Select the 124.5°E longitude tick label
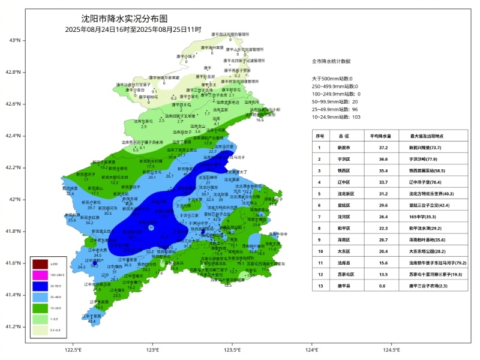[x=391, y=350]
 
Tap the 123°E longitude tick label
[x=152, y=350]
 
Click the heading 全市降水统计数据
[x=331, y=61]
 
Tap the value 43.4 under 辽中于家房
[x=92, y=322]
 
